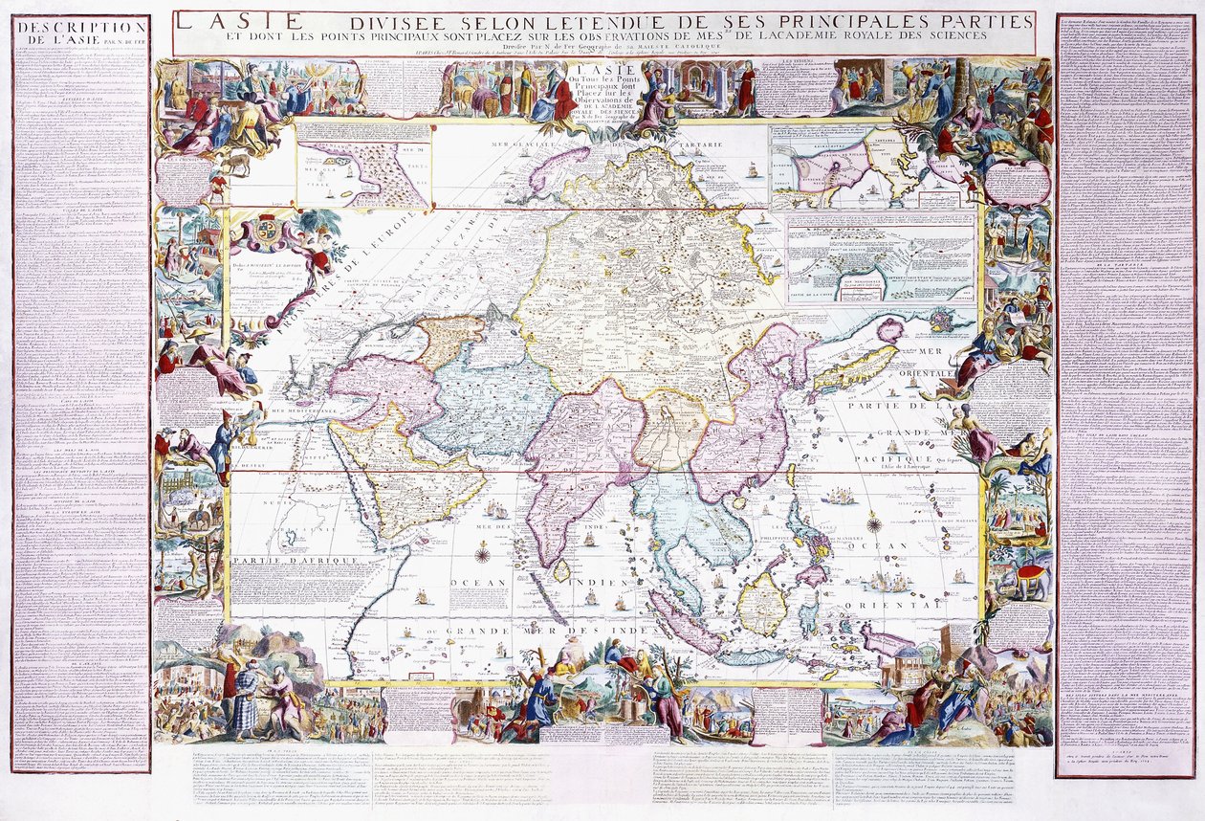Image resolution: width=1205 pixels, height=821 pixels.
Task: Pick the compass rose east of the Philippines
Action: point(873,522)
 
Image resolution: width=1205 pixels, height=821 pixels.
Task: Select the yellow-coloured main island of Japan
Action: point(846,369)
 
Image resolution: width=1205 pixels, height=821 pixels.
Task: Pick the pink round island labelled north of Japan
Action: point(888,331)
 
